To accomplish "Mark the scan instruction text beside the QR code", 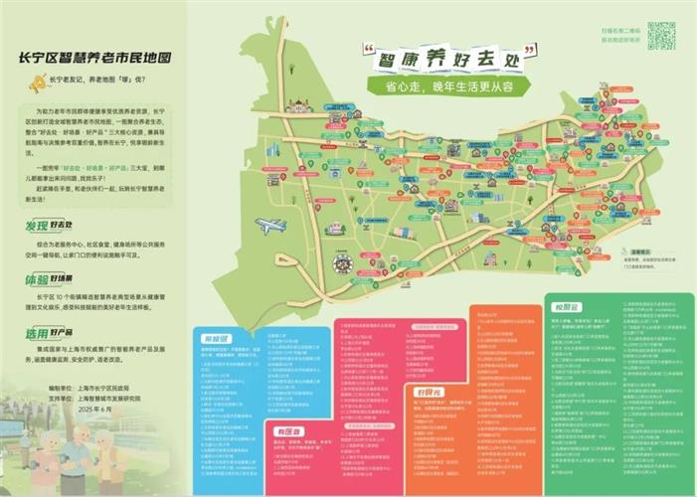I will (620, 36).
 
